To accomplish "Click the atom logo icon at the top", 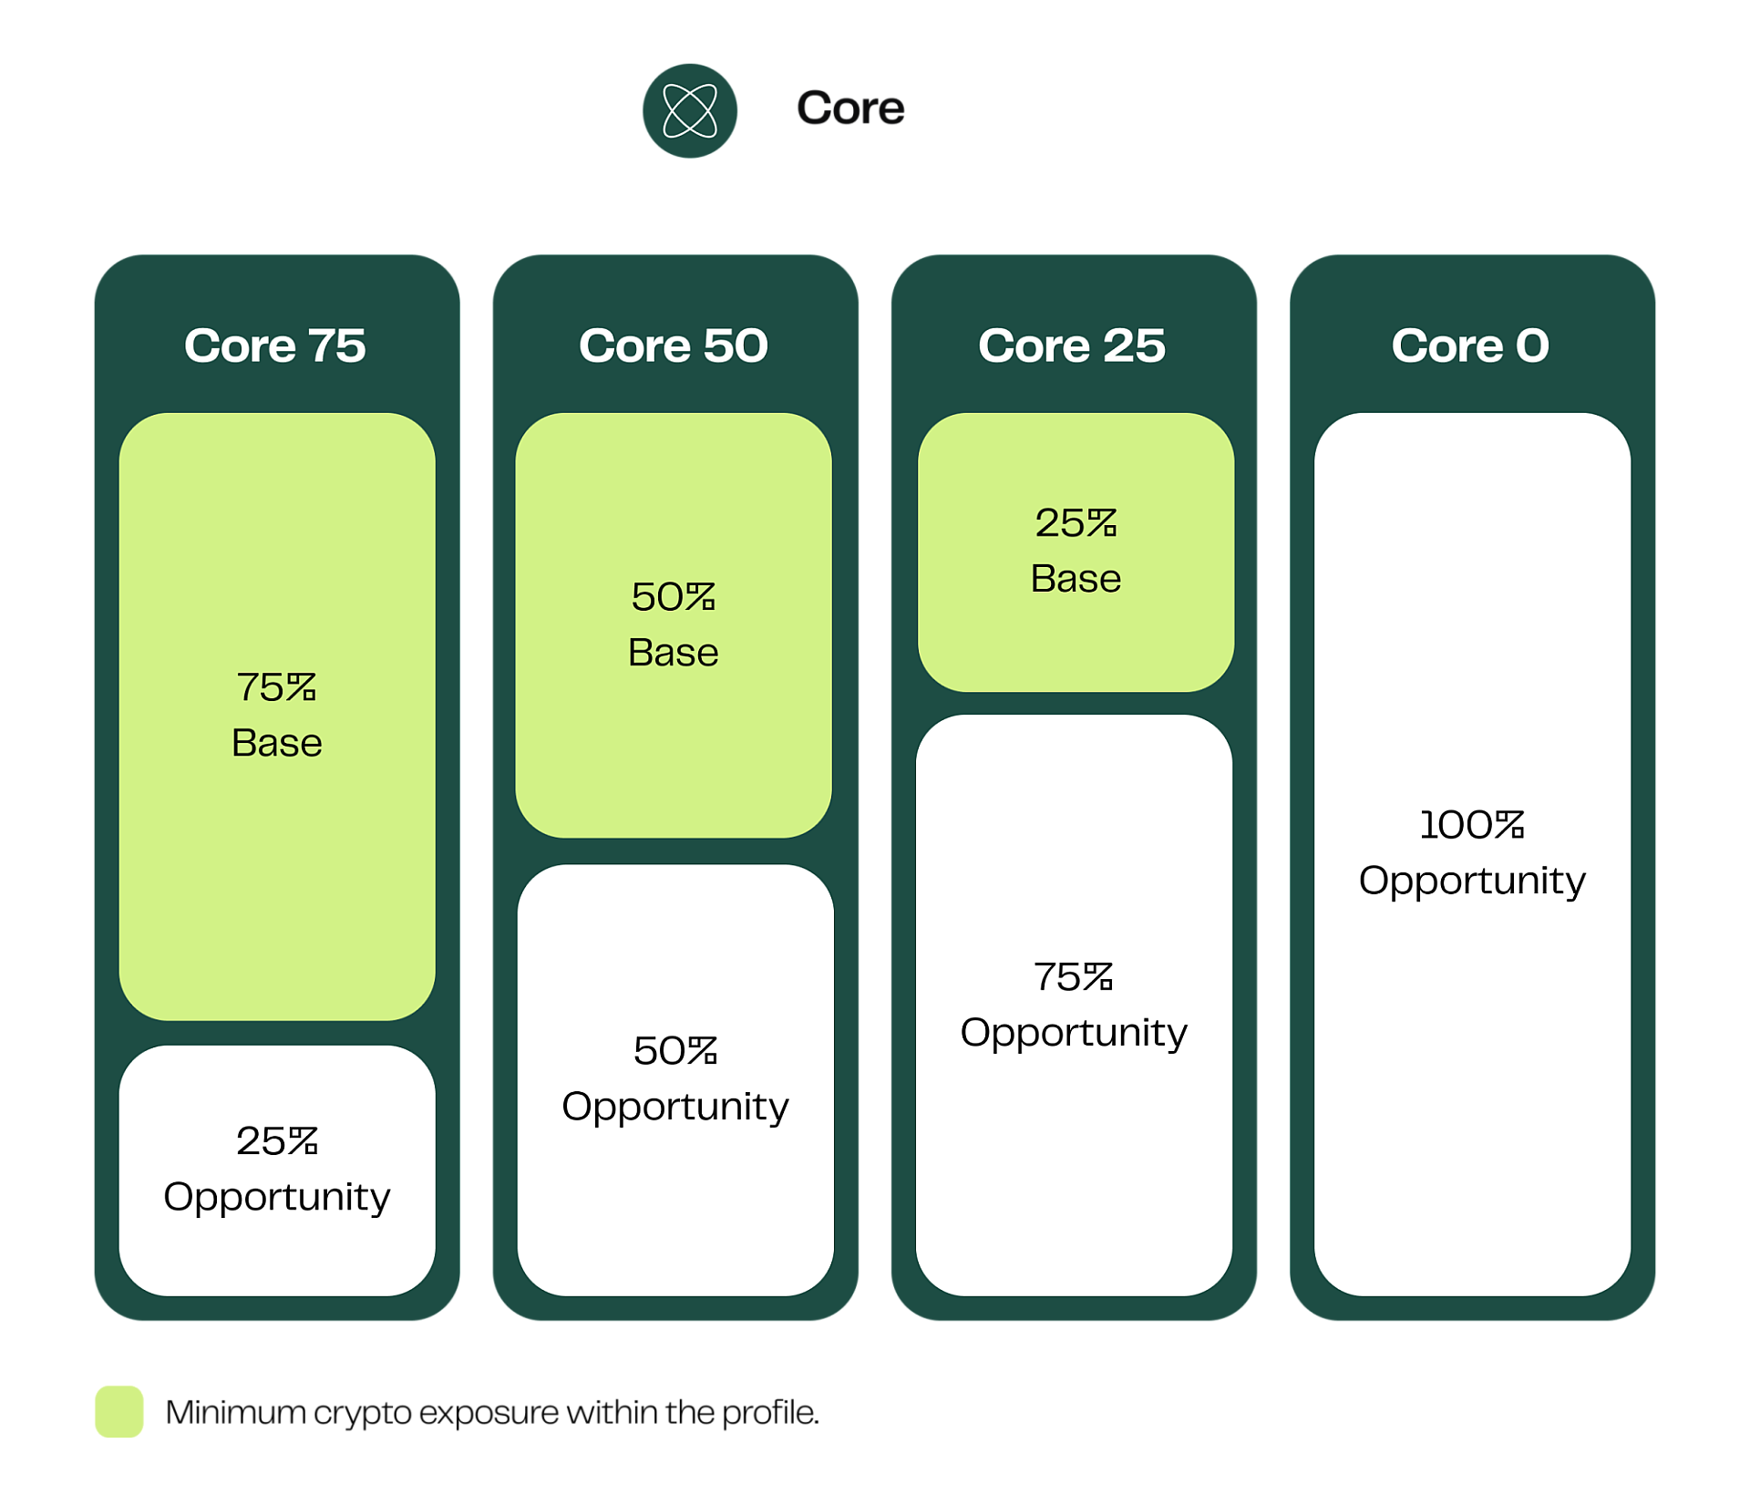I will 690,110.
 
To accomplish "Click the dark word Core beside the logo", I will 850,108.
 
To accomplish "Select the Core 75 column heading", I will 275,345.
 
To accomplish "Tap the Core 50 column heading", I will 674,345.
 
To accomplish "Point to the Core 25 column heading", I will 1072,345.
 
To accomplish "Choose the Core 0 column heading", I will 1470,345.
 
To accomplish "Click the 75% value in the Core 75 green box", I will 276,687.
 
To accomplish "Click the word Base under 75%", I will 276,743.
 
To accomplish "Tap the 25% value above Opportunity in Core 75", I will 276,1141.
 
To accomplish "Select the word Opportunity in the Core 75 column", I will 276,1197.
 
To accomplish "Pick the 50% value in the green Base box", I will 674,597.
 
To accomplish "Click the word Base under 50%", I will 674,653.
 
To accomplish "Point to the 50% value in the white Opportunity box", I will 675,1051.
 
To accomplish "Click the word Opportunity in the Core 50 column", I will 675,1107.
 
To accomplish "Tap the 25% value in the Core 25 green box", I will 1076,523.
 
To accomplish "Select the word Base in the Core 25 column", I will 1076,579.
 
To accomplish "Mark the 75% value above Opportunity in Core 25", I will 1074,977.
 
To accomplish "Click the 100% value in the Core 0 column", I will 1472,825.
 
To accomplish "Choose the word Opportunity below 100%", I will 1472,881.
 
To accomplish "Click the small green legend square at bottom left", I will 119,1411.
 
